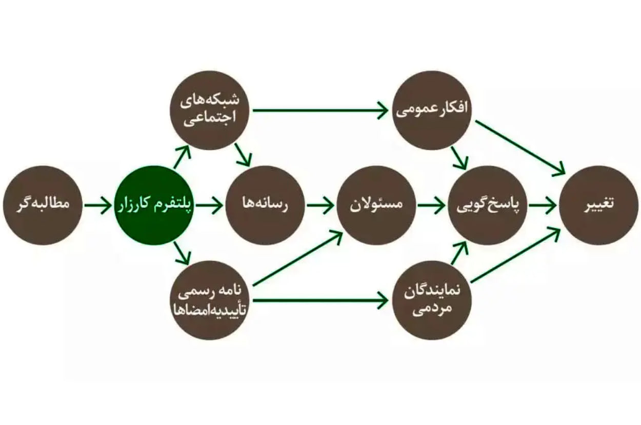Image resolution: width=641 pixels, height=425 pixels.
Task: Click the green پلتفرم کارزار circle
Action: coord(154,205)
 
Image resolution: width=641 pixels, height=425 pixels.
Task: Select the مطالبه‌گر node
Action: coord(43,205)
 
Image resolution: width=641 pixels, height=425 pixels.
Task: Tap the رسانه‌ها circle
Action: coord(265,205)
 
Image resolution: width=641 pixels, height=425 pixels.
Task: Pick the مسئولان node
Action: coord(376,205)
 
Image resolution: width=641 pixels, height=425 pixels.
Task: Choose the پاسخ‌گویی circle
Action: coord(487,205)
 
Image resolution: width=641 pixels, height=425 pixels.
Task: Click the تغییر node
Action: coord(598,205)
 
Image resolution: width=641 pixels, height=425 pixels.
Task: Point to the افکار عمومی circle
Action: coord(432,110)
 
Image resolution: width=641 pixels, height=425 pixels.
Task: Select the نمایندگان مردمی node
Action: coord(432,300)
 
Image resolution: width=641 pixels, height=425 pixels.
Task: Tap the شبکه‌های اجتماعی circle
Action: coord(209,110)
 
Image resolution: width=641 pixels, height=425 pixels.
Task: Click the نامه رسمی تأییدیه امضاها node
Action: coord(209,300)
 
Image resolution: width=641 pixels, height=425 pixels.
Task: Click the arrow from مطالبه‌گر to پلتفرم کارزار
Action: coord(98,205)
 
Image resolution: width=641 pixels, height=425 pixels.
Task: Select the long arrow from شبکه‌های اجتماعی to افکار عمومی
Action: coord(320,110)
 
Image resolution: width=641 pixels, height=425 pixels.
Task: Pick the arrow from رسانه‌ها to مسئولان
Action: coord(320,205)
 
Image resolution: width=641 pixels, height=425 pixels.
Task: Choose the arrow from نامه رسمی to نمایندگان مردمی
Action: coord(320,300)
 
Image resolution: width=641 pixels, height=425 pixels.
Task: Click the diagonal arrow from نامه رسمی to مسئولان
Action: coord(297,258)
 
